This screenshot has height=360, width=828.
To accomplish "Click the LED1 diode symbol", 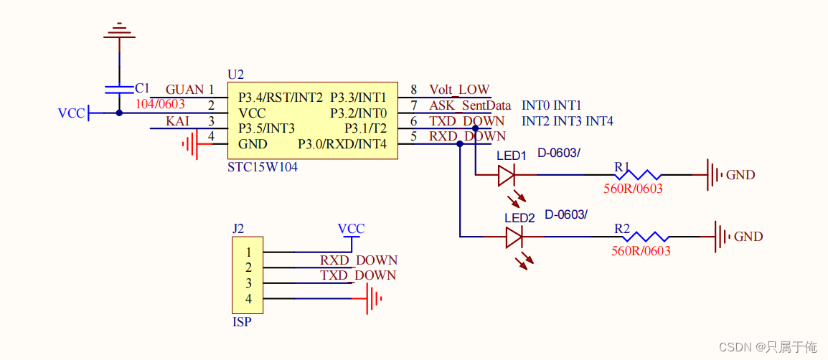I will (507, 174).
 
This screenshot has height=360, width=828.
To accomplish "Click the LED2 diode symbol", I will (514, 237).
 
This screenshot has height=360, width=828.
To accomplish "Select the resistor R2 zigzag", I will (646, 237).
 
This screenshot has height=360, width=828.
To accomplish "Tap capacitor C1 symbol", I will (118, 89).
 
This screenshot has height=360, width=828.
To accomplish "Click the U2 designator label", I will (235, 75).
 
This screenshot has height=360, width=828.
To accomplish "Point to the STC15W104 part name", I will (262, 167).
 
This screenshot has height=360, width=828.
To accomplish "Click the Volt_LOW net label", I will (459, 90).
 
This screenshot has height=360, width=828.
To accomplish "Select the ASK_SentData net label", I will (470, 105).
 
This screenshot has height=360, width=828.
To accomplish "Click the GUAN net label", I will (184, 90).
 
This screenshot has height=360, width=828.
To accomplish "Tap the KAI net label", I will (177, 121).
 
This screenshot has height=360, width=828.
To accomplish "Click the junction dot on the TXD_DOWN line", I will (476, 128).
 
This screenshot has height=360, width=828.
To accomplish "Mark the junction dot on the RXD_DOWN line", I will (460, 144).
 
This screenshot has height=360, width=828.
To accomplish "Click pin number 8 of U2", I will (414, 90).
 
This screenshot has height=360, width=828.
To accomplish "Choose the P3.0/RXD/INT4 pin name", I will (342, 144).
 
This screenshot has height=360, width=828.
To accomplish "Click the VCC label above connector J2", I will (351, 229).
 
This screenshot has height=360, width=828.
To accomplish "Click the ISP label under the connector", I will (242, 322).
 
